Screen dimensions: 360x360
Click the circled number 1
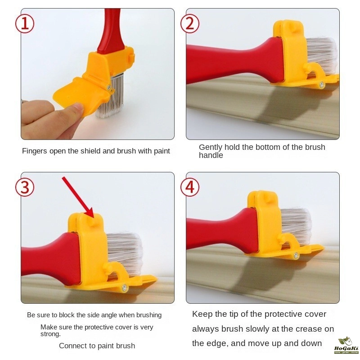pos(25,24)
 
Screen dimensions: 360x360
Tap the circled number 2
pos(189,24)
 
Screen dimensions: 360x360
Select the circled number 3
pos(25,187)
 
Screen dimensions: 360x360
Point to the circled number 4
pos(189,187)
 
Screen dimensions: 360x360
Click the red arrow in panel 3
pos(78,197)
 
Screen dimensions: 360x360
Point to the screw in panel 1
pos(109,87)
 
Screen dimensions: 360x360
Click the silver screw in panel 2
pos(322,85)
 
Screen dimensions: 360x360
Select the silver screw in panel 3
pos(125,288)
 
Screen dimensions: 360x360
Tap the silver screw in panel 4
pos(296,255)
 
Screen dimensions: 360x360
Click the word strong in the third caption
pos(50,334)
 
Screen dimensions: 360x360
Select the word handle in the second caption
pos(211,155)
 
